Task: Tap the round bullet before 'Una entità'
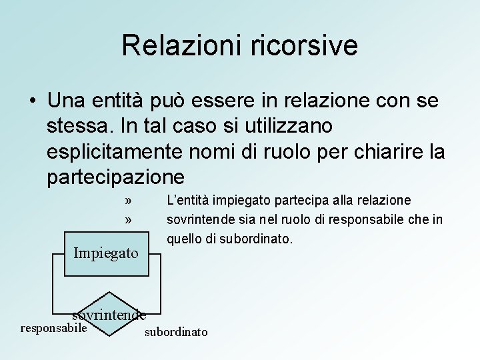coord(31,101)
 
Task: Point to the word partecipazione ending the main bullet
coord(115,176)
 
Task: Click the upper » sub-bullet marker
coord(128,201)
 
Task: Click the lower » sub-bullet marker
coord(128,219)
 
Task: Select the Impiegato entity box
coord(106,254)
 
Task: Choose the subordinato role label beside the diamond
coord(176,331)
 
